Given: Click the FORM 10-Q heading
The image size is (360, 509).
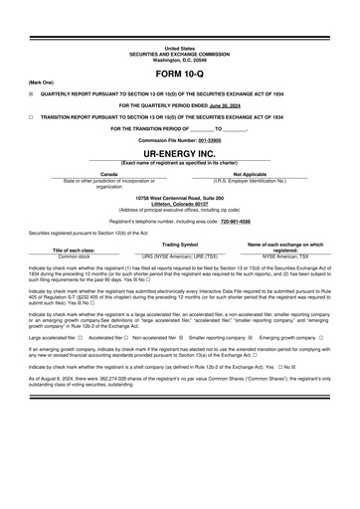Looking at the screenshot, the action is (180, 75).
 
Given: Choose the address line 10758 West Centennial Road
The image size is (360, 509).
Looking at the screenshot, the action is (180, 198).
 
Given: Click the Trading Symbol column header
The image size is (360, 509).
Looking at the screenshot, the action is (181, 244).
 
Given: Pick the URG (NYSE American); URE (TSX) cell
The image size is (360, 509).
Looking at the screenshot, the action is (181, 255).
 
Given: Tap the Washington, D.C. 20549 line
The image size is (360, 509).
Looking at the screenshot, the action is (180, 61).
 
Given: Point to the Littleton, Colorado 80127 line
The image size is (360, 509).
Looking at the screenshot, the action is (180, 204).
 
